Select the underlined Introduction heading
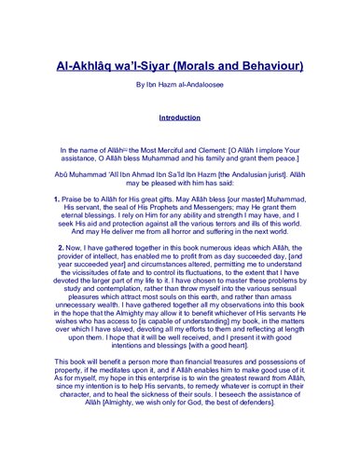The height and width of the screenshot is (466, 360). point(180,119)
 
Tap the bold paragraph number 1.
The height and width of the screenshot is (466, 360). point(57,200)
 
